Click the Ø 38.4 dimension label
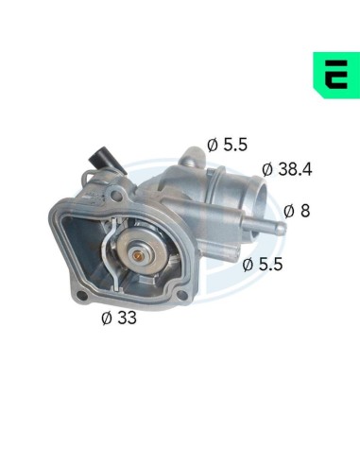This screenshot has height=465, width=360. coord(286,169)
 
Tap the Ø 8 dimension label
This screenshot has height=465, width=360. coord(297,211)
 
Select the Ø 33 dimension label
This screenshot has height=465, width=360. coord(119,318)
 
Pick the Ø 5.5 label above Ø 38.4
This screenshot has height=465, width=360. coord(227,145)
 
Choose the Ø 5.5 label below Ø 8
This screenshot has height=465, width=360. coord(263,264)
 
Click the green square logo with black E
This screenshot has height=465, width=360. coord(336,75)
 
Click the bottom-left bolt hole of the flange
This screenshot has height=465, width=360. coord(82,296)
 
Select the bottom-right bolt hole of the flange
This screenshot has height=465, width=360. coord(181,296)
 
